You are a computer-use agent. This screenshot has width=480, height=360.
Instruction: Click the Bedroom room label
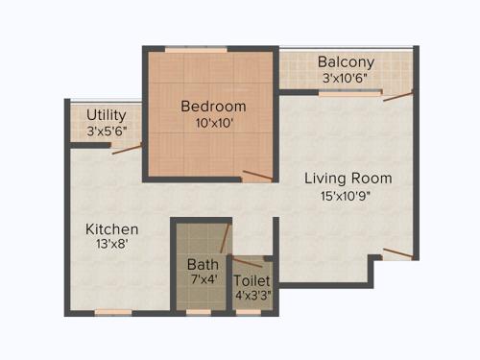point(213,106)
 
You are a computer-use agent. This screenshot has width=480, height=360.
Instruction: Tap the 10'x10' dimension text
point(213,123)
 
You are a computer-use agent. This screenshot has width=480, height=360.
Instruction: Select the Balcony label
point(346,62)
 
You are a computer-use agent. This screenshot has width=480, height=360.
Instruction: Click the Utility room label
point(107,114)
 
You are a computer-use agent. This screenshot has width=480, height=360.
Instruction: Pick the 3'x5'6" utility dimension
point(107,131)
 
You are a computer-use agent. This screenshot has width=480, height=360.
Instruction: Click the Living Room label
point(348,179)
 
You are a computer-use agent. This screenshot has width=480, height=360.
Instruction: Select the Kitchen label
point(112,229)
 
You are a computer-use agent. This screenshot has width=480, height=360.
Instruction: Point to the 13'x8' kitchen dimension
point(112,246)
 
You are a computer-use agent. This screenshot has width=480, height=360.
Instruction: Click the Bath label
point(203,264)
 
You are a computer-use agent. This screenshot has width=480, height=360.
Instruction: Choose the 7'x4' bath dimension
point(203,279)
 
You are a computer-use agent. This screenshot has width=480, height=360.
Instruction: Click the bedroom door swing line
point(257,175)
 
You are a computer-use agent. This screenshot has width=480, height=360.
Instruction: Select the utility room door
point(127,149)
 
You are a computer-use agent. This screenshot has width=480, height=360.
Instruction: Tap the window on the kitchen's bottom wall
point(113,312)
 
